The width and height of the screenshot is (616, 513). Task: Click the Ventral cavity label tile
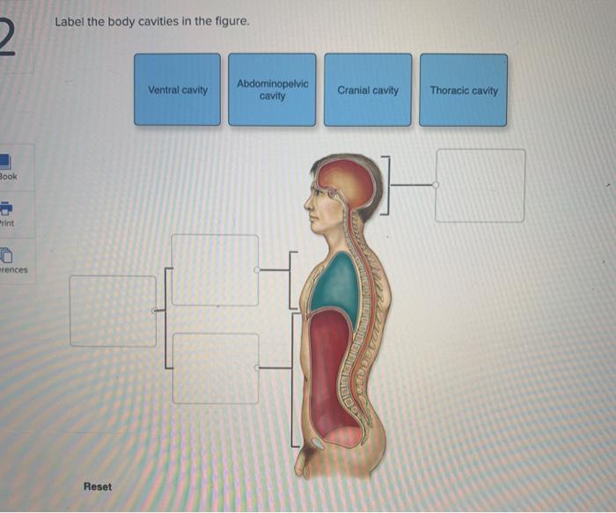tap(177, 90)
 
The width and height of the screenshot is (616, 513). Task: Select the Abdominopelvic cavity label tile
tap(272, 90)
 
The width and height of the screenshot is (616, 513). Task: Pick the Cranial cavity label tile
tap(368, 90)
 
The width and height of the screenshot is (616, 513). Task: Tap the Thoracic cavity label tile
tap(464, 90)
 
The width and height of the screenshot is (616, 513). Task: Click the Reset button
tap(98, 486)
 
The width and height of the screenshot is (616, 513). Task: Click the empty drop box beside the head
tap(480, 185)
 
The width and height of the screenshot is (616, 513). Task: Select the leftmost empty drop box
tap(113, 311)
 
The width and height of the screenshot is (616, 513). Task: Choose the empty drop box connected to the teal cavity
tap(215, 270)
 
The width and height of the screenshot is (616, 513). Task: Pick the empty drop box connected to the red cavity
tap(215, 368)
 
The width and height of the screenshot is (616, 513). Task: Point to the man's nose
tap(308, 204)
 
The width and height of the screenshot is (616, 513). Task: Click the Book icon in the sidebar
tap(5, 163)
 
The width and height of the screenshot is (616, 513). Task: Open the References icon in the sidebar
tap(5, 255)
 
